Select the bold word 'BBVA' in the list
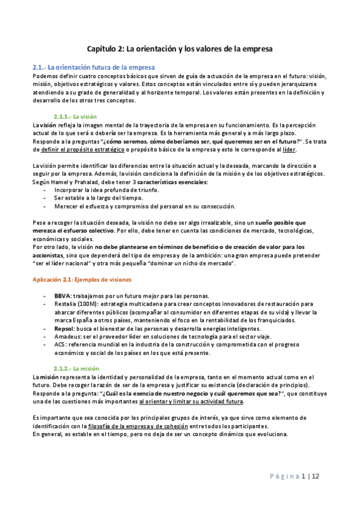pos(63,296)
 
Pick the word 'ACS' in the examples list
pos(59,346)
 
